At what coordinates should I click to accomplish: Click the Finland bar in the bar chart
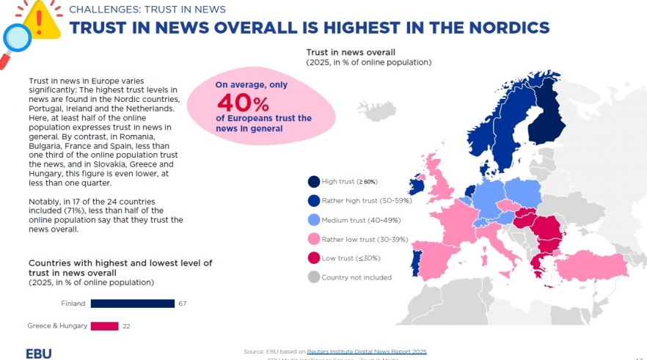coord(132,304)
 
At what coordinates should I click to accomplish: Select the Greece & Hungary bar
coord(104,326)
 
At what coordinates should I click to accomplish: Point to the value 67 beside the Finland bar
coord(183,304)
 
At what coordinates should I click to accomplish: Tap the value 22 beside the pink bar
coord(127,326)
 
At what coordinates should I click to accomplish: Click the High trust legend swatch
coord(313,182)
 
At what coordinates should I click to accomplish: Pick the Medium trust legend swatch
coord(313,220)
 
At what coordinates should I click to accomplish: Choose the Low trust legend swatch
coord(313,258)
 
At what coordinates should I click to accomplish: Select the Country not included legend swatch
coord(313,277)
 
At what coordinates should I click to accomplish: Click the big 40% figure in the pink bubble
coord(242,103)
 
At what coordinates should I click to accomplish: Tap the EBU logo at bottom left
coord(39,353)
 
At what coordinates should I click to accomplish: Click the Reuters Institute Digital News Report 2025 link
coord(366,352)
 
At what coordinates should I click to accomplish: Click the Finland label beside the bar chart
coord(73,304)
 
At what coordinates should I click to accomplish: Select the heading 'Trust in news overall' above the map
coord(351,53)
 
